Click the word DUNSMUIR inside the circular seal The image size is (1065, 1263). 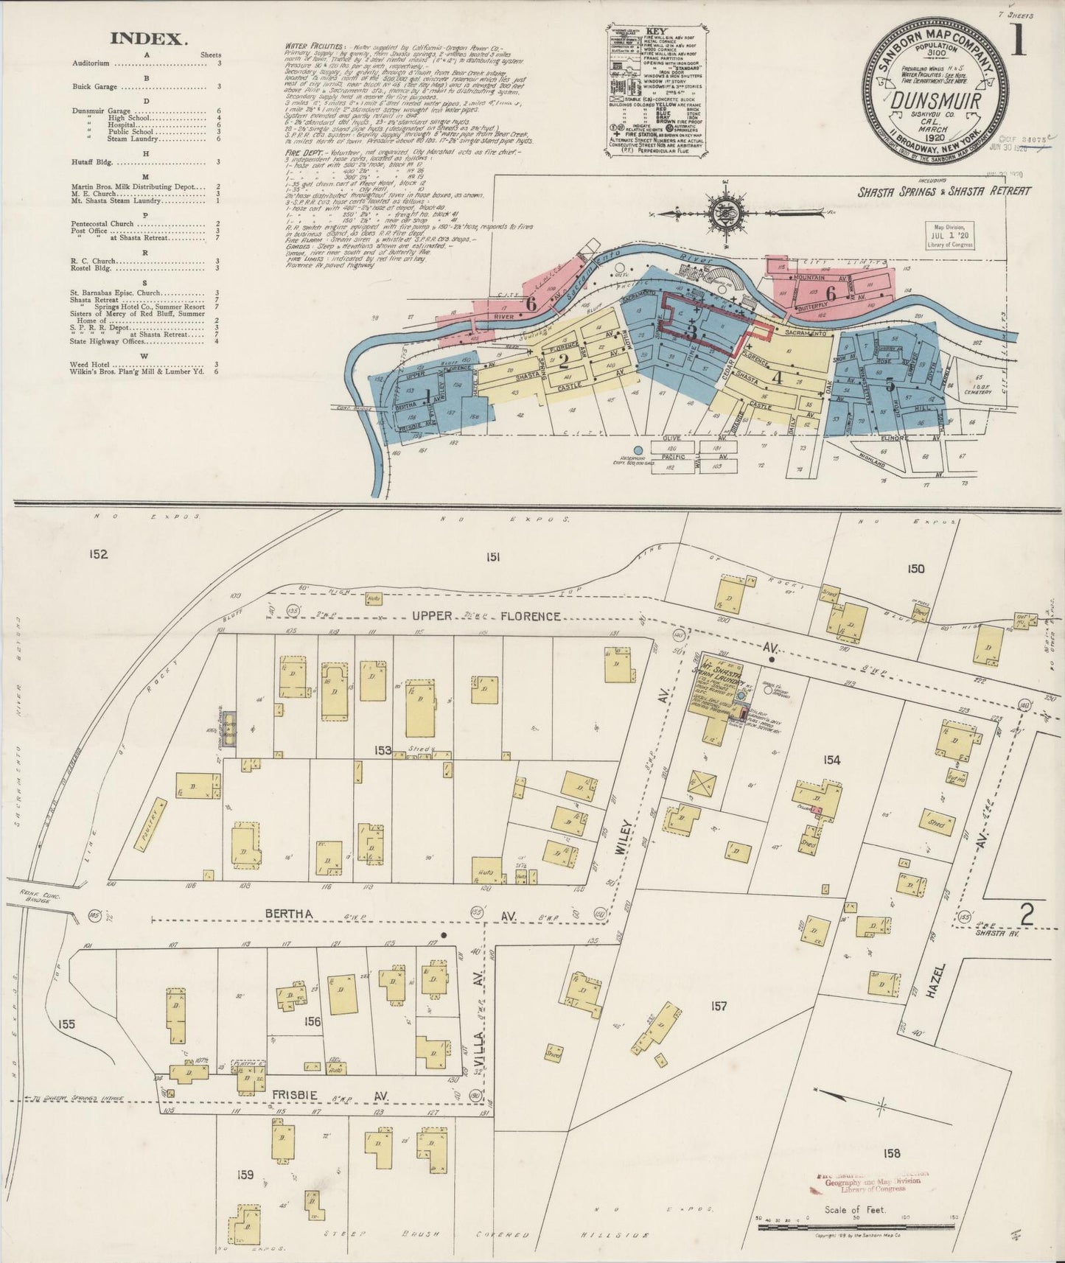(935, 101)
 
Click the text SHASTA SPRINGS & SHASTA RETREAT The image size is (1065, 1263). (945, 191)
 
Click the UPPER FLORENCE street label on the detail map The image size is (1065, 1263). (494, 615)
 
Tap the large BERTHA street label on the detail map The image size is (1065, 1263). (290, 914)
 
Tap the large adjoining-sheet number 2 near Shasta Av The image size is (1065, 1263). (1026, 914)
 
